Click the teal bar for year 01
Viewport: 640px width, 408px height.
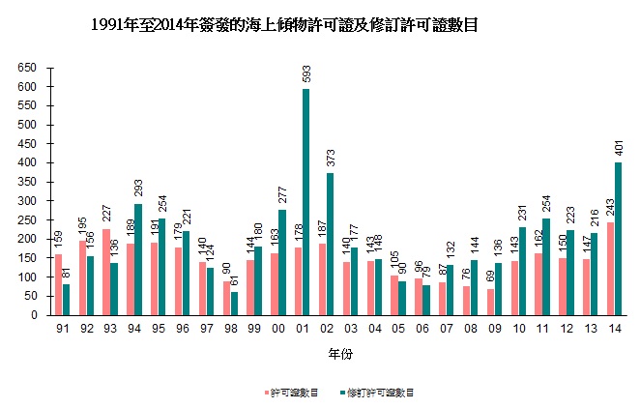305,202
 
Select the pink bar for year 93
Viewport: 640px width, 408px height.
106,272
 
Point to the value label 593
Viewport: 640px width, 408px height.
305,75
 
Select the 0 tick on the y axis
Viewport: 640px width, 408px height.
36,315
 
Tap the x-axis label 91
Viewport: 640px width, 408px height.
63,329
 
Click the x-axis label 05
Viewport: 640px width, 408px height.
396,329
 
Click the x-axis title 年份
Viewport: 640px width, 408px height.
336,353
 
